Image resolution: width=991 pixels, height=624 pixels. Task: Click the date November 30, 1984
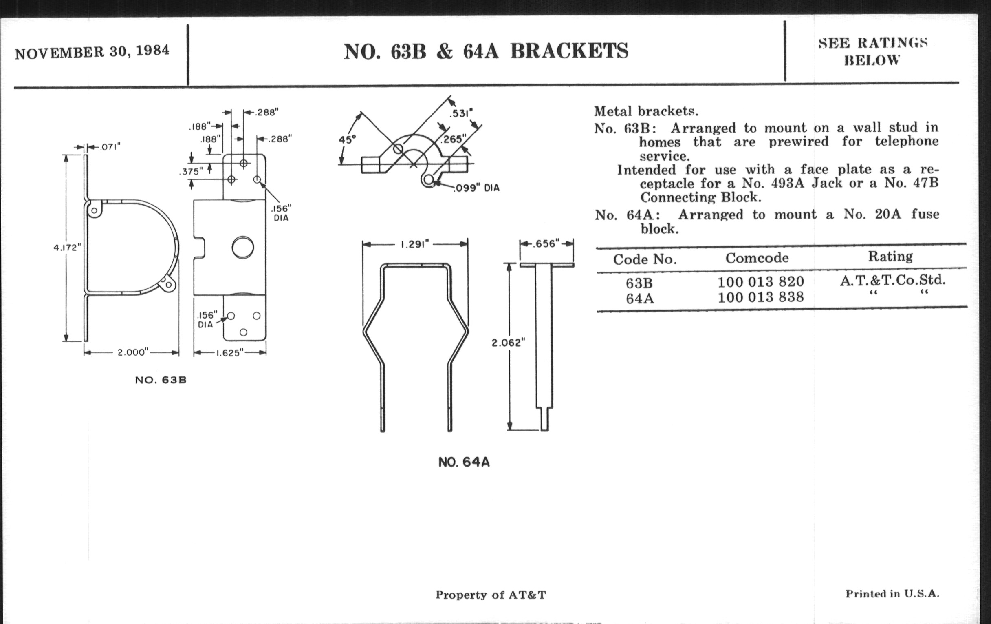(x=92, y=52)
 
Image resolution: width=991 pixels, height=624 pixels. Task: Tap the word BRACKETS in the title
(x=569, y=51)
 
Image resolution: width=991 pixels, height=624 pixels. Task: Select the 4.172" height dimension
(x=67, y=248)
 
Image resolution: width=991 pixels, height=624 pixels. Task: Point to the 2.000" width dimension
(x=132, y=352)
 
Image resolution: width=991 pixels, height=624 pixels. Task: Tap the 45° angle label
(x=347, y=139)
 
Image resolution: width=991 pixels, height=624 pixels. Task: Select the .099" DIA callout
(x=477, y=188)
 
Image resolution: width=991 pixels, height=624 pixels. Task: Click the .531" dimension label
(x=461, y=113)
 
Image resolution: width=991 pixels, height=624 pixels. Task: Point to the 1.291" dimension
(x=415, y=245)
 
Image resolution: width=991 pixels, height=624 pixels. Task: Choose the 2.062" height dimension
(x=509, y=342)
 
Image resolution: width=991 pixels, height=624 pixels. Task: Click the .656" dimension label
(x=546, y=244)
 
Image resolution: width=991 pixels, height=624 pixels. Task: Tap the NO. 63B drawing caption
(x=161, y=380)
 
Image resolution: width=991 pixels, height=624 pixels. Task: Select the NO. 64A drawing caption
(x=464, y=462)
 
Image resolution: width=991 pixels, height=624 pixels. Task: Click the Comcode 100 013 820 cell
(x=760, y=282)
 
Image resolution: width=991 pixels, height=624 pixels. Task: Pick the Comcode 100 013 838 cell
(x=760, y=297)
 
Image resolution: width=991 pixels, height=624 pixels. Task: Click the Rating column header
(x=891, y=257)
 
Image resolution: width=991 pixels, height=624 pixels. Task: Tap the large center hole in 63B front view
(x=243, y=247)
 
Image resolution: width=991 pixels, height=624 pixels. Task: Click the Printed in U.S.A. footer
(x=892, y=594)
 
